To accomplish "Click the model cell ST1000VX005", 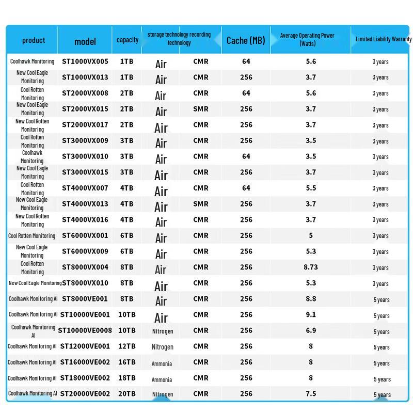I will [85, 61].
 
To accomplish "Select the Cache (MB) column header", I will [246, 40].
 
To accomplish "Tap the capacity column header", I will [128, 40].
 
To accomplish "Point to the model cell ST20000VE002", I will [85, 393].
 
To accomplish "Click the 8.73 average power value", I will [311, 267].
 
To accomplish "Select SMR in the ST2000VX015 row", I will [201, 109].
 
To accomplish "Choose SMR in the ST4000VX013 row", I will [201, 204].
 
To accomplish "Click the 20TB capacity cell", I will [127, 393].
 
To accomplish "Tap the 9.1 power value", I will [311, 314].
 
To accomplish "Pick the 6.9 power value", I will [311, 330].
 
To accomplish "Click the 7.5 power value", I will [311, 393].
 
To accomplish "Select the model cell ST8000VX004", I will [85, 267].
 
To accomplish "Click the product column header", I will [34, 40].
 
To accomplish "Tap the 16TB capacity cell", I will [127, 362].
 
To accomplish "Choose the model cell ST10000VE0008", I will [85, 330].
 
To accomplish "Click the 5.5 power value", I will [311, 188].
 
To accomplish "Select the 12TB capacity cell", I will [127, 346].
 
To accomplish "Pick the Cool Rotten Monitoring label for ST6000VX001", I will [31, 236].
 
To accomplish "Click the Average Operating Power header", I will [307, 39].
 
